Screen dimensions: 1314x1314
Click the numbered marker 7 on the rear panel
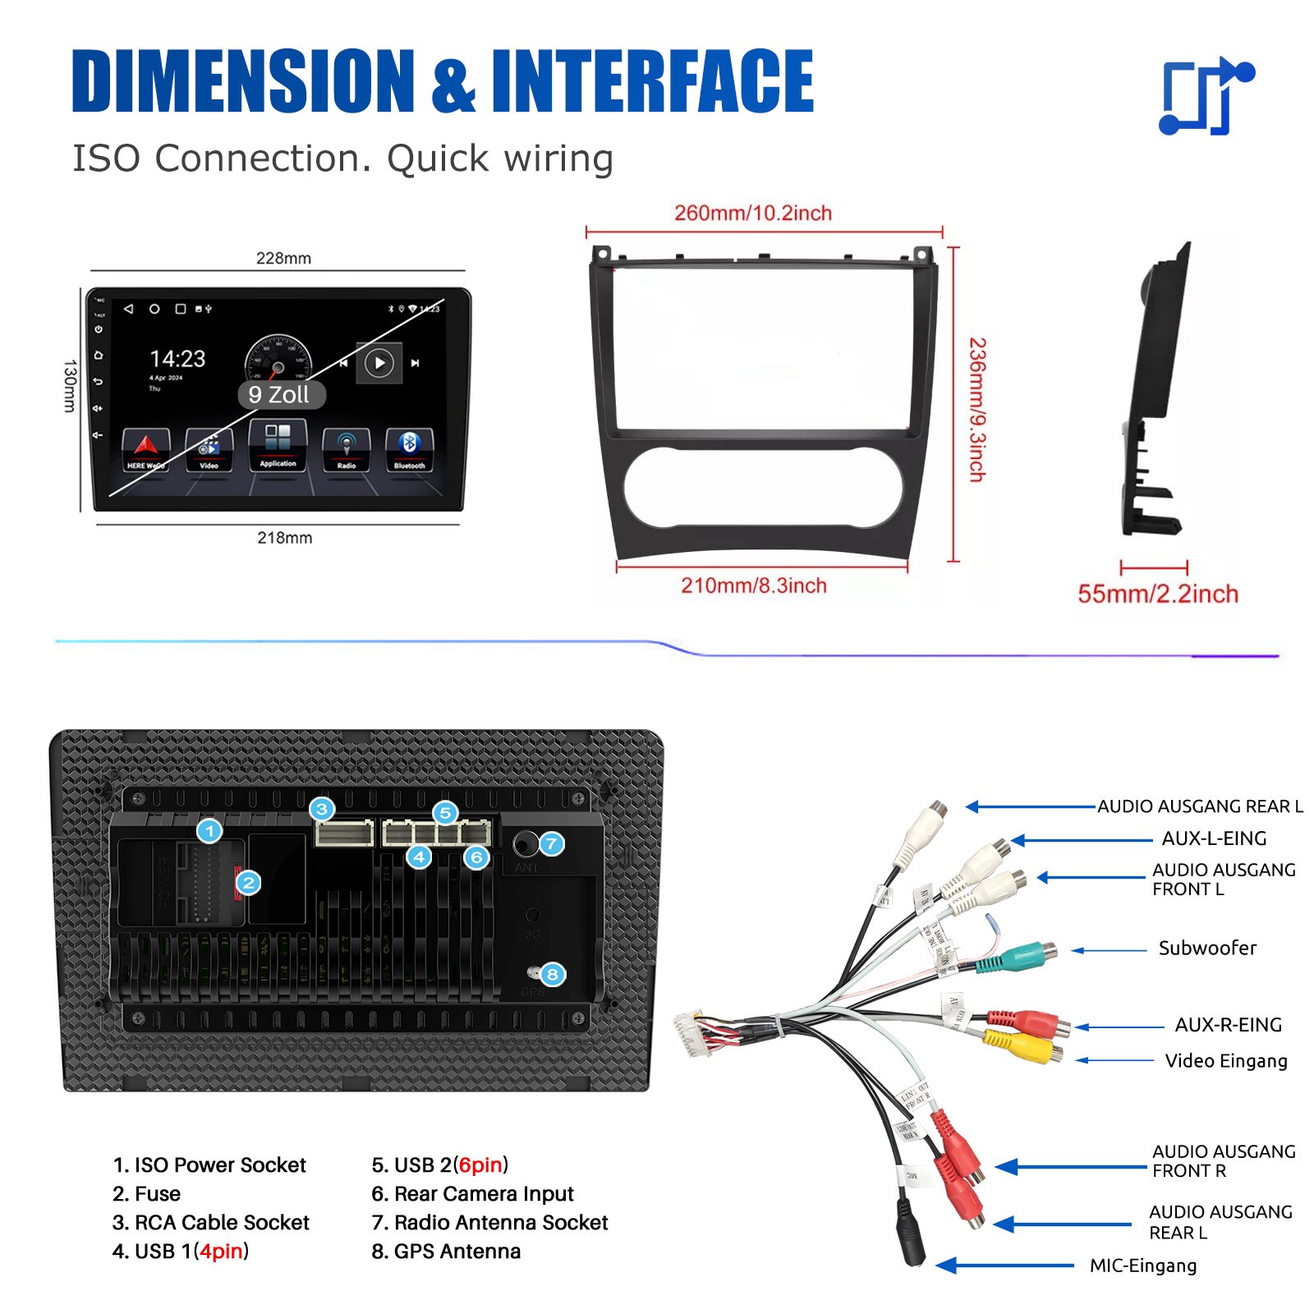(552, 843)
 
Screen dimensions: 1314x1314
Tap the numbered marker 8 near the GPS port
(553, 974)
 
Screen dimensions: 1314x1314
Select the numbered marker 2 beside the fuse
(248, 883)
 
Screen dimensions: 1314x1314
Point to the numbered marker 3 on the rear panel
(322, 810)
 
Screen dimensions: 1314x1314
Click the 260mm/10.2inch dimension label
(753, 214)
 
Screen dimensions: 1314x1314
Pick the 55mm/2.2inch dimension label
(1157, 594)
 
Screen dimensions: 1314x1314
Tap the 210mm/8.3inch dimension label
(753, 586)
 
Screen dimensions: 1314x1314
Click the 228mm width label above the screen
(283, 258)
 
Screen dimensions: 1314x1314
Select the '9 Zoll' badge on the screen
(279, 395)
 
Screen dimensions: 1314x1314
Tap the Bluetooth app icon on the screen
(409, 449)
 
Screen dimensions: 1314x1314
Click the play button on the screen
(379, 363)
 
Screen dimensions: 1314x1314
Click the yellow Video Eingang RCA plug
(1022, 1047)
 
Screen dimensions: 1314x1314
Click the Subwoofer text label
(1206, 949)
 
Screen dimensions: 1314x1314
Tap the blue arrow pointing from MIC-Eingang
(1005, 1265)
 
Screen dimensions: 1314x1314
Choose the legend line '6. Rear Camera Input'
(472, 1194)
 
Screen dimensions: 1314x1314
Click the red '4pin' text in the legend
(221, 1252)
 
